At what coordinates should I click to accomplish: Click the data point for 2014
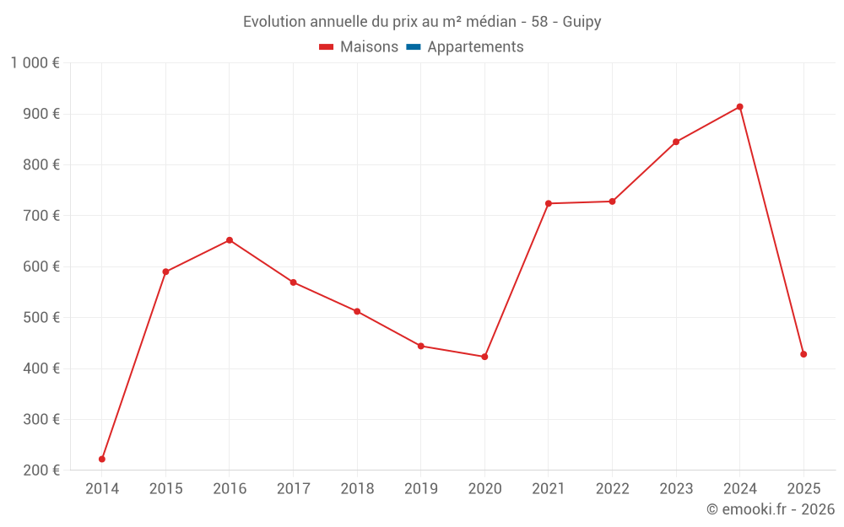(102, 459)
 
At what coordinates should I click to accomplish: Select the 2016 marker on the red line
(230, 239)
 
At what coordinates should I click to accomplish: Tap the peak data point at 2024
(739, 106)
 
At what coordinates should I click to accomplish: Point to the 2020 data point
(484, 357)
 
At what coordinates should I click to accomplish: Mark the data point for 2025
(803, 354)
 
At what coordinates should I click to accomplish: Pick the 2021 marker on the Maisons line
(549, 203)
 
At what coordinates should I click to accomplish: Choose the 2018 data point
(357, 311)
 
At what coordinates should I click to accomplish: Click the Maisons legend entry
(359, 46)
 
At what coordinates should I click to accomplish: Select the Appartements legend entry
(465, 46)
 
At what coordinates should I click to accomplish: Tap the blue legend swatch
(414, 46)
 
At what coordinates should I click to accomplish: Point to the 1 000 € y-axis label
(35, 63)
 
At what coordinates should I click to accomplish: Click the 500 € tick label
(41, 317)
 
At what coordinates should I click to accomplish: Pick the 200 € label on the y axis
(41, 470)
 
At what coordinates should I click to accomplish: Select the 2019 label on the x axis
(421, 488)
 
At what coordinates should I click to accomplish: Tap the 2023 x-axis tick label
(676, 488)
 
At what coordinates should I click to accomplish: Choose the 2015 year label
(165, 488)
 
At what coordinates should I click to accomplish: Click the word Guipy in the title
(582, 22)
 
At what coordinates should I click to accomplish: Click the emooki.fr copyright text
(771, 508)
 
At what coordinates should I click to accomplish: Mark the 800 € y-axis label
(41, 164)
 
